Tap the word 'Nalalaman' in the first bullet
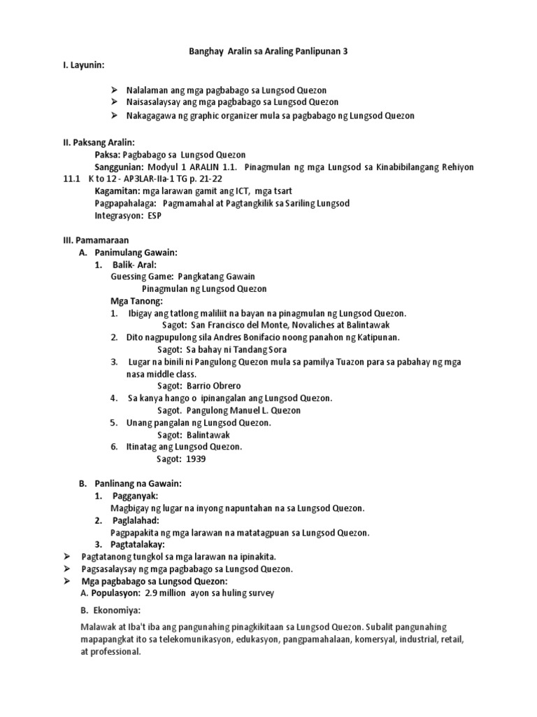(x=149, y=90)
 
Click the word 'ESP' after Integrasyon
(x=155, y=216)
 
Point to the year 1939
(x=196, y=459)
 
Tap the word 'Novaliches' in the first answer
(x=308, y=325)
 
